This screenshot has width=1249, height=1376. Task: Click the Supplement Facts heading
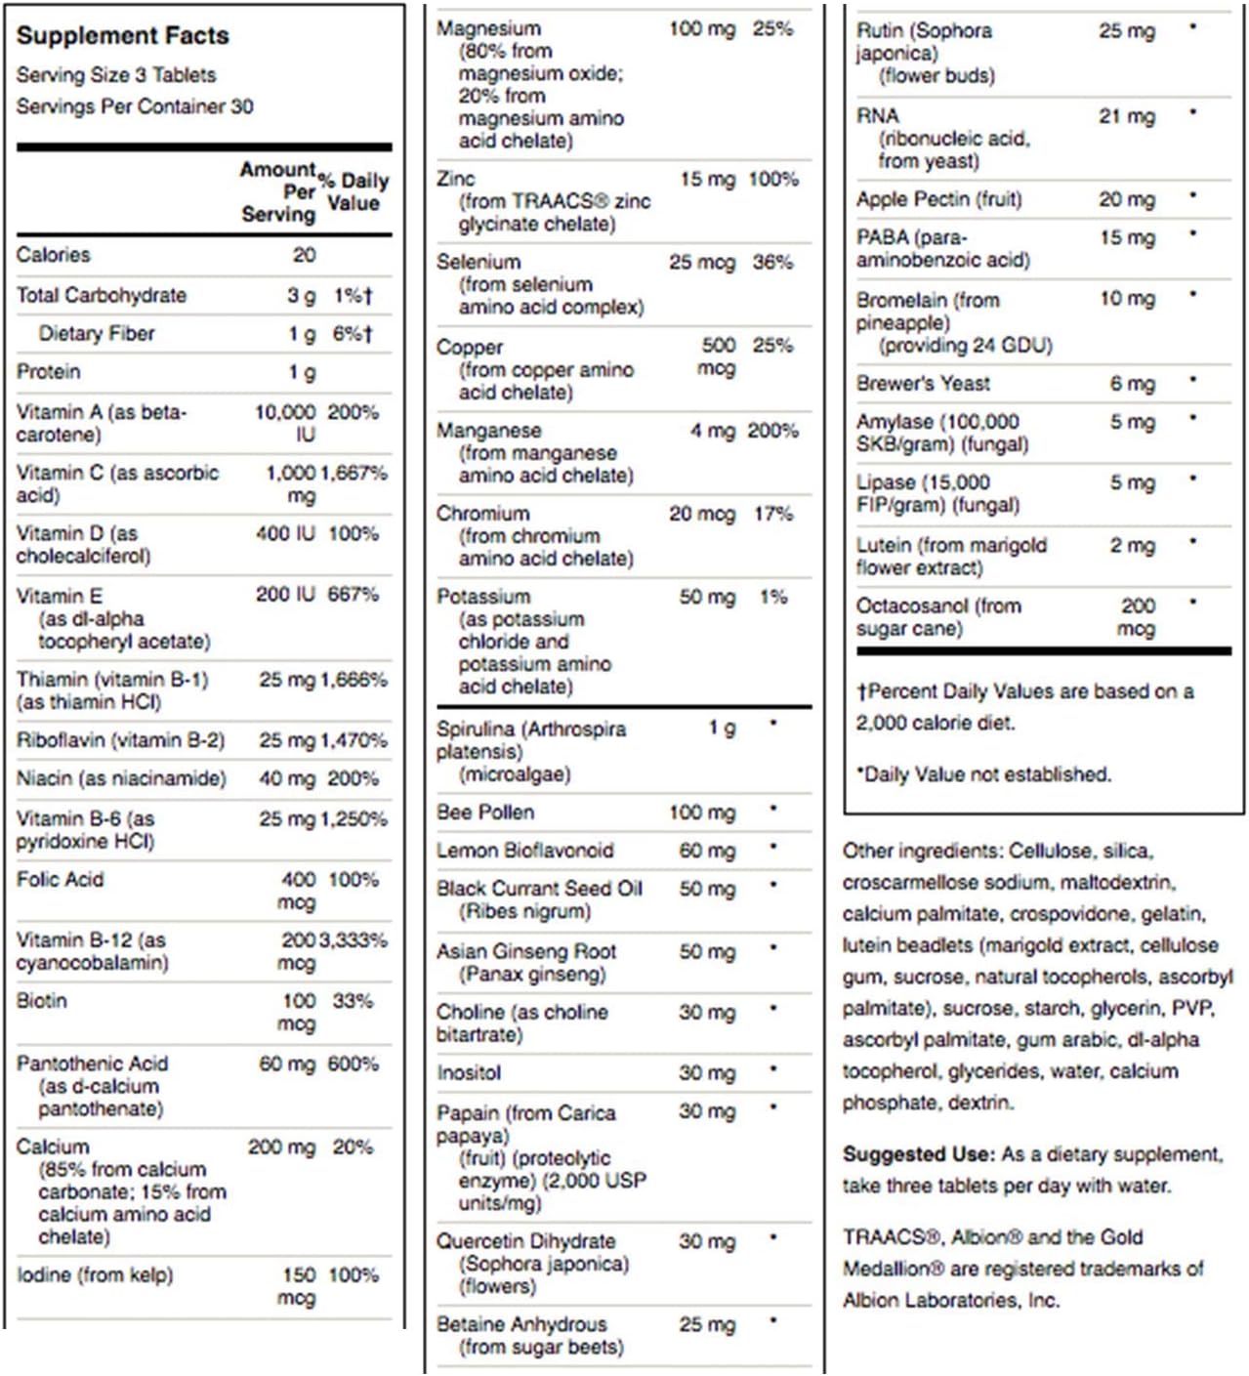(122, 36)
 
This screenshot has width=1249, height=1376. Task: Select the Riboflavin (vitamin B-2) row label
(120, 740)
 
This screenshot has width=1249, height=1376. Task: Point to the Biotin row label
(42, 1001)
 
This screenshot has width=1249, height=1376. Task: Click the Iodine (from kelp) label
(95, 1275)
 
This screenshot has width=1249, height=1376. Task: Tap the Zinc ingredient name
(456, 179)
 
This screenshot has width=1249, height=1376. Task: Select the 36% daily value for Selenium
(772, 262)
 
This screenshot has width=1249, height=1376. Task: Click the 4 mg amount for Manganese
(712, 431)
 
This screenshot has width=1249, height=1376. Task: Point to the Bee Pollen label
(485, 813)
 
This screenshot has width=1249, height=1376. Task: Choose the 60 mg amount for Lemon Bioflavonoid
(707, 851)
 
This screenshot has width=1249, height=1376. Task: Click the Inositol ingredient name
(469, 1073)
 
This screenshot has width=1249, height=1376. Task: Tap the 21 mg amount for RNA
(1126, 116)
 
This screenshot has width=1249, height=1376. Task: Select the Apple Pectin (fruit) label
(938, 200)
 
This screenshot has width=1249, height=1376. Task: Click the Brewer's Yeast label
(923, 384)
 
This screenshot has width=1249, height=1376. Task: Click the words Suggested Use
(918, 1154)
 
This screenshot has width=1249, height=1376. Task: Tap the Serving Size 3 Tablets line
(116, 75)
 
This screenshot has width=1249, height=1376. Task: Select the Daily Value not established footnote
(984, 774)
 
